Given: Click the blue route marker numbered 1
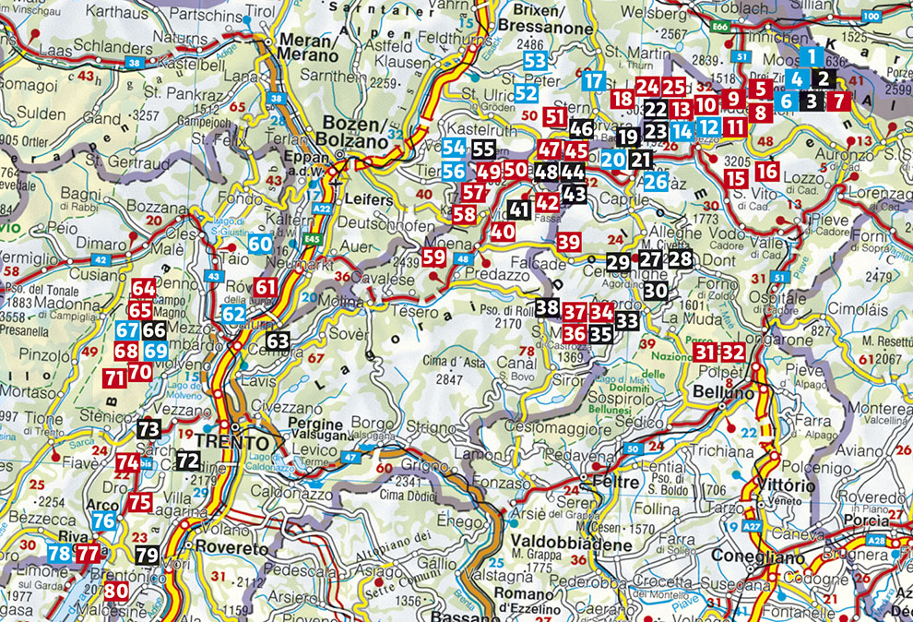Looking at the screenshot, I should point(811,55).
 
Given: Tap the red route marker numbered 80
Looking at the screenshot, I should point(115,592).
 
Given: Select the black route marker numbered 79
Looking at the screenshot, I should point(147,556).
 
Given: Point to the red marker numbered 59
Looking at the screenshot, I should point(434,257).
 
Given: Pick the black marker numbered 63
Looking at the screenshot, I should point(278,341).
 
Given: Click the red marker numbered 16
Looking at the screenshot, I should point(766,170).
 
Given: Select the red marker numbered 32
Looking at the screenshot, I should point(733,352).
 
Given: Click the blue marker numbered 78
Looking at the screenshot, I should point(59,554).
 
